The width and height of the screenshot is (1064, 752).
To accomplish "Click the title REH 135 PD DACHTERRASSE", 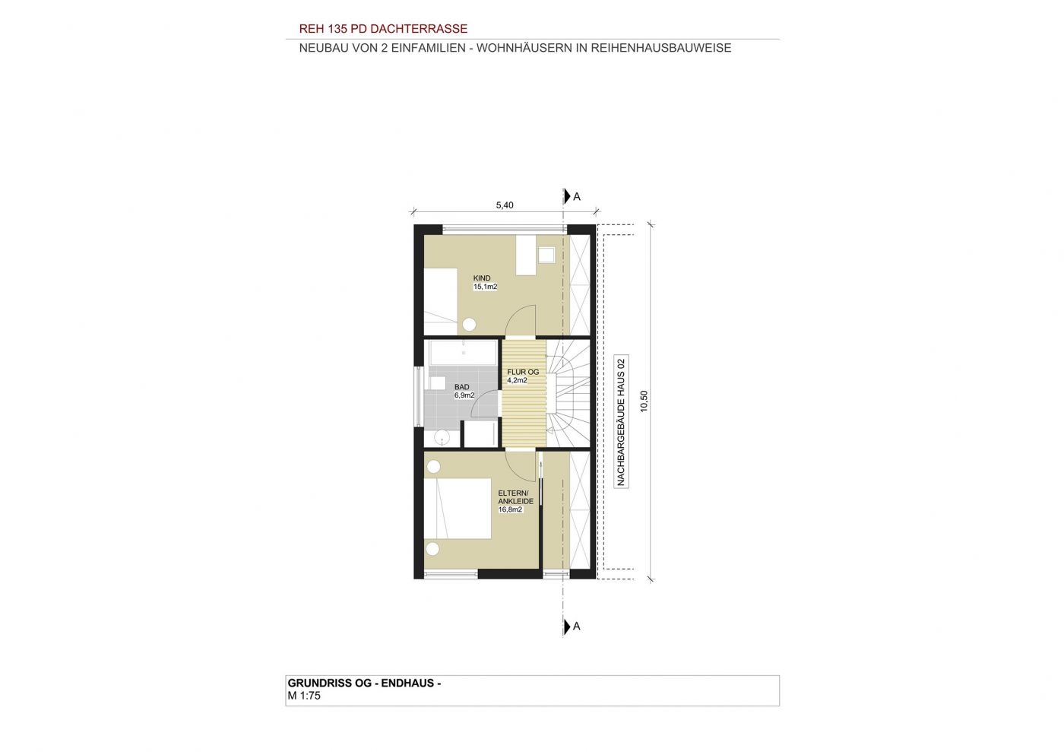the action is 383,29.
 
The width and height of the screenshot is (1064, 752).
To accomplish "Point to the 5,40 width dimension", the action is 505,205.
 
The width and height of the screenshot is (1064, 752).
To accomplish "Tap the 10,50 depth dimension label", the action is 644,401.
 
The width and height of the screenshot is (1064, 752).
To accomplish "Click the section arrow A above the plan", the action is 572,196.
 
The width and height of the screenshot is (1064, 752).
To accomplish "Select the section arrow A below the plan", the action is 572,626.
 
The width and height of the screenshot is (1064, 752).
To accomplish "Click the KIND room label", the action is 482,278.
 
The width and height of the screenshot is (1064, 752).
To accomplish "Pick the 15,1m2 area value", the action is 485,287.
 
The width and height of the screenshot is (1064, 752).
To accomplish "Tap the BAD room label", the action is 462,387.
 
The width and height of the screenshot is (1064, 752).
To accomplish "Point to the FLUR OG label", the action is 523,372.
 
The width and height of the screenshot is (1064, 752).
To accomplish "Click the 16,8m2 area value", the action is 510,509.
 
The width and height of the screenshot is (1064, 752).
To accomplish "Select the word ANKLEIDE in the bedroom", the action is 515,501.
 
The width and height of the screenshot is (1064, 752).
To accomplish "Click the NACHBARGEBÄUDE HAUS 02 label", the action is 620,422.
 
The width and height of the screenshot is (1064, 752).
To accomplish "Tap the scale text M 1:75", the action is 304,696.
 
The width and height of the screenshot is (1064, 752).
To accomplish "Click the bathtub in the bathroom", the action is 463,353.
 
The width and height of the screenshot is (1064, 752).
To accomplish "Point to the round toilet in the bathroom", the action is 442,437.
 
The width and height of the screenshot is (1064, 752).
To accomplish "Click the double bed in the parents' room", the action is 457,508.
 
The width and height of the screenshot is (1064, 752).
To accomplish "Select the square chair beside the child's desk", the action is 546,255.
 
